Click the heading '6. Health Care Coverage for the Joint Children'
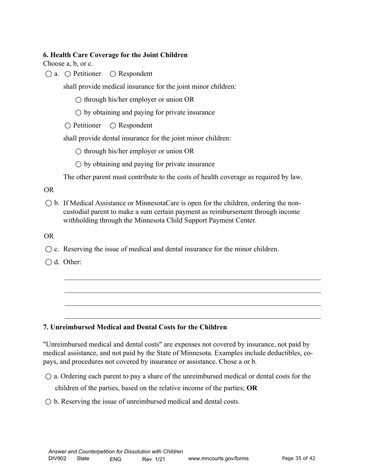[x=115, y=55]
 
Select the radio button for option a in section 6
[x=49, y=74]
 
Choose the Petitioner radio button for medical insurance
[x=68, y=74]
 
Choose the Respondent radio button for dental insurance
[x=113, y=126]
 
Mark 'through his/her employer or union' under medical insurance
[x=79, y=100]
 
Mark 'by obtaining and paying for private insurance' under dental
[x=79, y=165]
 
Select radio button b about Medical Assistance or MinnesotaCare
[x=49, y=203]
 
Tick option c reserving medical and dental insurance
[x=49, y=249]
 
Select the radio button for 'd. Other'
[x=49, y=262]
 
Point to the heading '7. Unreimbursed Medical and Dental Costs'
[x=135, y=327]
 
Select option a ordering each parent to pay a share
[x=49, y=377]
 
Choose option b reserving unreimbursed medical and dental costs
[x=49, y=402]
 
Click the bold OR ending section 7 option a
[x=252, y=388]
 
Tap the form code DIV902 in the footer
[x=57, y=459]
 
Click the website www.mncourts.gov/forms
[x=218, y=459]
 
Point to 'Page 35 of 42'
[x=299, y=458]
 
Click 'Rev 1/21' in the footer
[x=154, y=459]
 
